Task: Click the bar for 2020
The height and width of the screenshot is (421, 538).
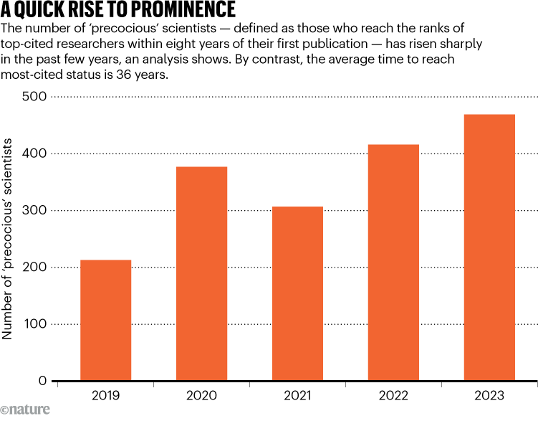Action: pos(201,273)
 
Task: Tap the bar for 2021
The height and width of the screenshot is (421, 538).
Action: pos(297,293)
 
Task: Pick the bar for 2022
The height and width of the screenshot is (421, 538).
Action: pos(393,262)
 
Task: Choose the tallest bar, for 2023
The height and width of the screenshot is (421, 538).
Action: pos(489,247)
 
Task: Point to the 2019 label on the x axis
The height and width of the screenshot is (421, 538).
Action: pos(105,396)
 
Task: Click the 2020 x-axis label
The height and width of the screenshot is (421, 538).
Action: pos(201,396)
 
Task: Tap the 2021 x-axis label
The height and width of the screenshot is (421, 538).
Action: pos(297,396)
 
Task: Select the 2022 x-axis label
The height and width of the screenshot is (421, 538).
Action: pos(393,396)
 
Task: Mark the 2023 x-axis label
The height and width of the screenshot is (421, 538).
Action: pos(489,396)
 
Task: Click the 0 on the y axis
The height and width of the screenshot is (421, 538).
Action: pos(42,381)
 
